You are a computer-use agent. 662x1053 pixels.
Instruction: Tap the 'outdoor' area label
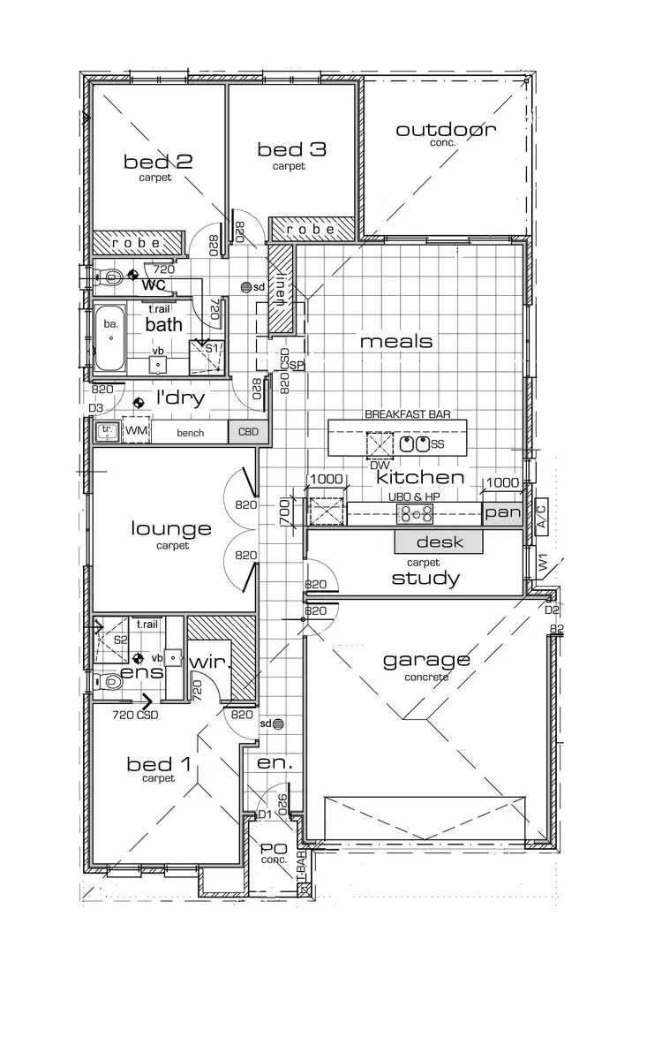tap(446, 130)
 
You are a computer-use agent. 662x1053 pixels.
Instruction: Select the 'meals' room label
tap(396, 341)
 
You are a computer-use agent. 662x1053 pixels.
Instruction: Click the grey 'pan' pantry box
tap(503, 513)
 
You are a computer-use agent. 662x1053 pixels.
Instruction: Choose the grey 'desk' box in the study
tap(440, 542)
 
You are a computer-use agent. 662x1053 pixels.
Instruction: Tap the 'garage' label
tap(426, 660)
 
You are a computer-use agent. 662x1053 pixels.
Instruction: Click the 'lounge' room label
tap(171, 529)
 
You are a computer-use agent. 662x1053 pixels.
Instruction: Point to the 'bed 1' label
tap(158, 763)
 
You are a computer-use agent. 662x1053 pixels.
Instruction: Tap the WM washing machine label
tap(137, 430)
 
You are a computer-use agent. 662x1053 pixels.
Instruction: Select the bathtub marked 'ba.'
tap(111, 335)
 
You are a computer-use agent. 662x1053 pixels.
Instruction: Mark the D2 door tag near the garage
tap(552, 610)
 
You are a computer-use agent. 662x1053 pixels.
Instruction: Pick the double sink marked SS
tap(415, 444)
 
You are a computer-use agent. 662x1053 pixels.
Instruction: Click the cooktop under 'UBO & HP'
tap(411, 513)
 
